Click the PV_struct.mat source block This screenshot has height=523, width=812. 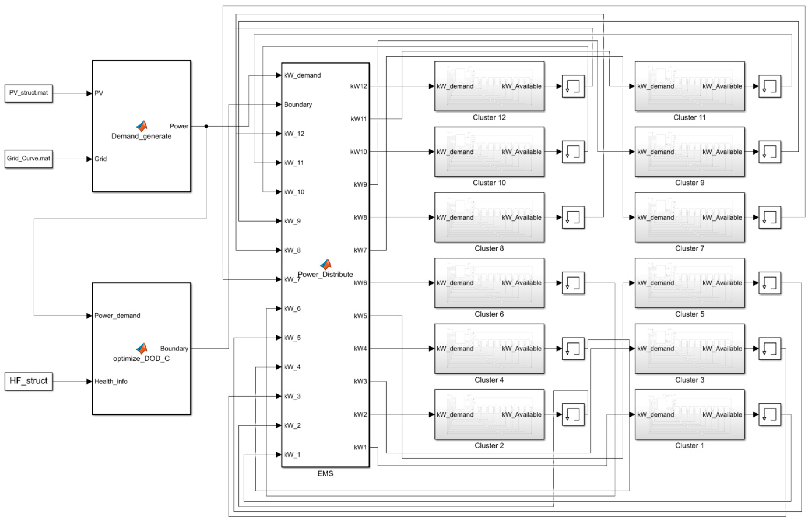click(29, 93)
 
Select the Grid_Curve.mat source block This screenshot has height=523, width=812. click(29, 159)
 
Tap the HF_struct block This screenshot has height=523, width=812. click(29, 381)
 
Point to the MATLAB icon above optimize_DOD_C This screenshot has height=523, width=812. click(142, 348)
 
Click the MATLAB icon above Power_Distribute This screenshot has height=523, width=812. click(325, 264)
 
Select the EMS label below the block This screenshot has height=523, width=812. click(325, 473)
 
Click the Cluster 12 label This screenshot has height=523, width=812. click(489, 118)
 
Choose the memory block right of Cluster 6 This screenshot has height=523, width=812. click(573, 283)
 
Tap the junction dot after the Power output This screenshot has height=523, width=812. click(206, 126)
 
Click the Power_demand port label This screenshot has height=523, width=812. click(117, 316)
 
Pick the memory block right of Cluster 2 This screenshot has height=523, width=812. click(573, 414)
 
